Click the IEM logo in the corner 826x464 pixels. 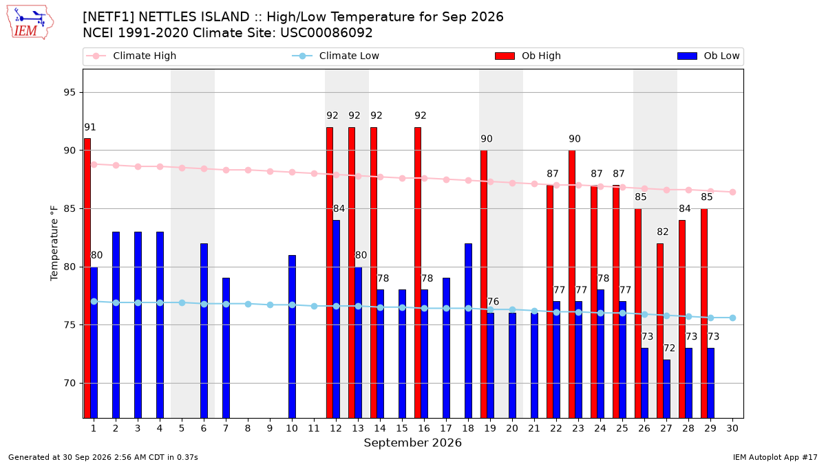click(30, 22)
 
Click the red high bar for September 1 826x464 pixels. click(87, 278)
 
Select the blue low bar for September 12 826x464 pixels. click(337, 319)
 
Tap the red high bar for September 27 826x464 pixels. click(660, 331)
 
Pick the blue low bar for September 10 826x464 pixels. click(292, 337)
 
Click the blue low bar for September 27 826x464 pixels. click(667, 389)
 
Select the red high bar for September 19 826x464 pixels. click(484, 284)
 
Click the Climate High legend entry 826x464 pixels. click(131, 56)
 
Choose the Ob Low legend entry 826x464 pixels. click(708, 56)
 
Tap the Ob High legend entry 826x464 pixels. click(528, 56)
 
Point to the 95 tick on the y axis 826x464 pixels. click(70, 92)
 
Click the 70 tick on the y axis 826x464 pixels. click(70, 383)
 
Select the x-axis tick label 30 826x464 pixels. click(732, 428)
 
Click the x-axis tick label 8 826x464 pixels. click(248, 428)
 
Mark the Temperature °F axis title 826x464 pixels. click(54, 243)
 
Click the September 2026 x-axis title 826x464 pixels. click(412, 443)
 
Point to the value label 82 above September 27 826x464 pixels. click(663, 232)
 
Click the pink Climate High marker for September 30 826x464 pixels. click(732, 192)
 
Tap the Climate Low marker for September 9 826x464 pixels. click(270, 305)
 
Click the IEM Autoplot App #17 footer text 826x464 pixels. click(775, 457)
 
